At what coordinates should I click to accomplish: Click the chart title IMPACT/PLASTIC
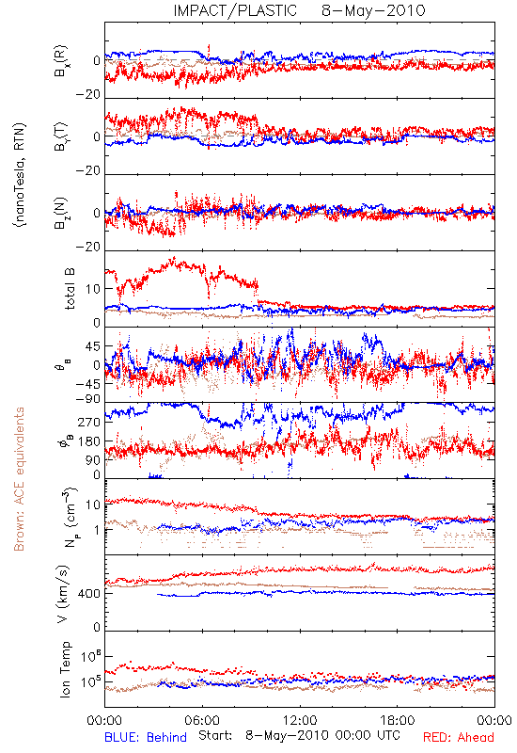[x=235, y=10]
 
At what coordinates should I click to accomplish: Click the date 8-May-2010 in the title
[x=373, y=10]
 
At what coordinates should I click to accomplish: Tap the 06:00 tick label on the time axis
[x=202, y=720]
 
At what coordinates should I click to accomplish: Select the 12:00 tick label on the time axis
[x=300, y=720]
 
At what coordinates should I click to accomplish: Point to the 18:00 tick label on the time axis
[x=398, y=720]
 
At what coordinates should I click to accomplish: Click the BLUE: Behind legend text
[x=146, y=737]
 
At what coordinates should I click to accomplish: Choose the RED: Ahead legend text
[x=459, y=737]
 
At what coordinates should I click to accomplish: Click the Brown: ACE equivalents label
[x=19, y=479]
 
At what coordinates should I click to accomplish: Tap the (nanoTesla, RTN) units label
[x=20, y=175]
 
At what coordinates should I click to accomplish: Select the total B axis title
[x=69, y=289]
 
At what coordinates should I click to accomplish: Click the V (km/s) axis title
[x=63, y=594]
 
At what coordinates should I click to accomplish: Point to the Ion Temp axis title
[x=65, y=669]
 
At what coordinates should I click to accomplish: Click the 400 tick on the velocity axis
[x=89, y=594]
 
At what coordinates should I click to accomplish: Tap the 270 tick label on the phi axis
[x=89, y=423]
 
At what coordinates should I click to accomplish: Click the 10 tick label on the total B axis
[x=93, y=289]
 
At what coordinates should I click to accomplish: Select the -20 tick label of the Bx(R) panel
[x=88, y=95]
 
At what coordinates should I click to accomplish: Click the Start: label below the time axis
[x=215, y=736]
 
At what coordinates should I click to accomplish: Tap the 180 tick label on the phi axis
[x=89, y=441]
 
